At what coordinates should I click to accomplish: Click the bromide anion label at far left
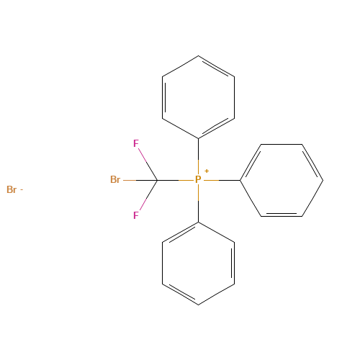(x=11, y=190)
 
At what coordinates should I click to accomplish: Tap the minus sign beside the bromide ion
(x=21, y=190)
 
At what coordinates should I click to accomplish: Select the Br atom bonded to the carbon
(x=114, y=179)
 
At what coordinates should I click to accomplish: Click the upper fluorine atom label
(x=135, y=143)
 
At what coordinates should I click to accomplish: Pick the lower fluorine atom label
(x=135, y=215)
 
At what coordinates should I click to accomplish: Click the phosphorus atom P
(x=198, y=179)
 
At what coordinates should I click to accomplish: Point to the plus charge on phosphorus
(x=207, y=171)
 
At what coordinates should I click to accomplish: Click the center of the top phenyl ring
(x=198, y=96)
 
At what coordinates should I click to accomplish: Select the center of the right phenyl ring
(x=281, y=179)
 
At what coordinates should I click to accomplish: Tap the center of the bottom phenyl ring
(x=198, y=263)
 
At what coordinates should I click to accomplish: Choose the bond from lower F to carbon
(x=147, y=197)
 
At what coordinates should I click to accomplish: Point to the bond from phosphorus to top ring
(x=198, y=153)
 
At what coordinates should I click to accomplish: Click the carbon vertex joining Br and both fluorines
(x=157, y=179)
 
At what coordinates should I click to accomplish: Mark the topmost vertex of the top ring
(x=198, y=55)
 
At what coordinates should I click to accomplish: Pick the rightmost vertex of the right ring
(x=323, y=179)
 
